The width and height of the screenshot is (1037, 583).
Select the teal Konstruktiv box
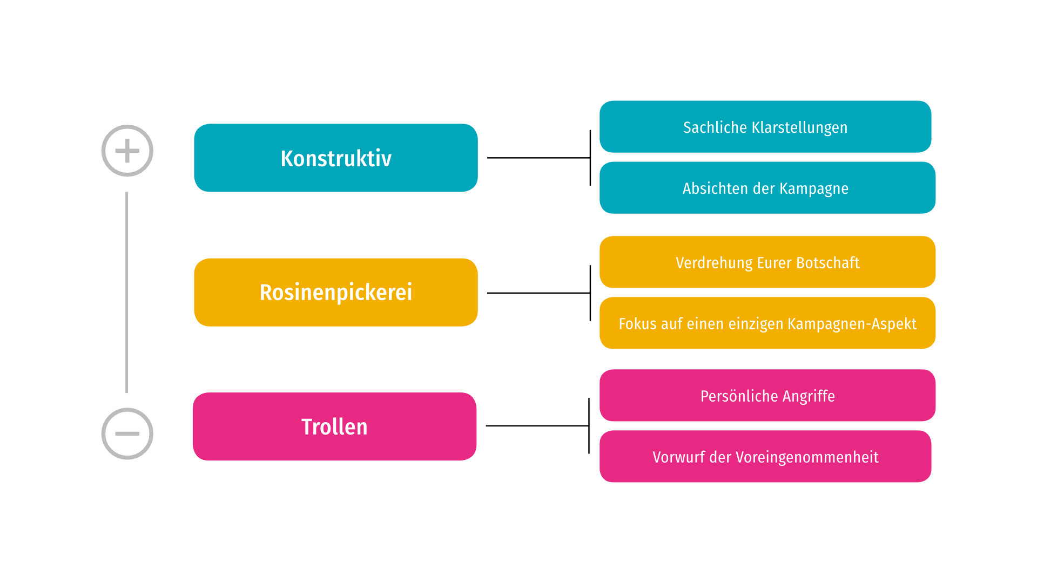click(x=336, y=158)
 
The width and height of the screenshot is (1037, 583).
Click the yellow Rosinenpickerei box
click(x=336, y=292)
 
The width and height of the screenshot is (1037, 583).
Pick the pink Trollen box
click(x=335, y=426)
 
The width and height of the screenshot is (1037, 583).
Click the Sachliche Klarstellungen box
click(x=765, y=127)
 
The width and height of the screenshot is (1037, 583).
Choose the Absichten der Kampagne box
click(x=767, y=188)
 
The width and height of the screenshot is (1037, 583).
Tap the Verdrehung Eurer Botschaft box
click(x=767, y=262)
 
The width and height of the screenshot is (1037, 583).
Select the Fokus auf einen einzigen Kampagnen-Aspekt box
click(x=767, y=323)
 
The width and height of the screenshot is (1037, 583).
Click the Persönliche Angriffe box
click(x=767, y=395)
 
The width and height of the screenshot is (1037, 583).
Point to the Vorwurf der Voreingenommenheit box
click(x=765, y=456)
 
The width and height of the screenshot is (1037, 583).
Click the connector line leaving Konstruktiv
click(x=538, y=158)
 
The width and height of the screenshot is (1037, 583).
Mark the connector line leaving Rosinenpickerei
click(x=538, y=293)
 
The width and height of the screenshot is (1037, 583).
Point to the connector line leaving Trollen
click(x=537, y=426)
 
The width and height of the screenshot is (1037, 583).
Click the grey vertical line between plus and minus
click(x=127, y=292)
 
